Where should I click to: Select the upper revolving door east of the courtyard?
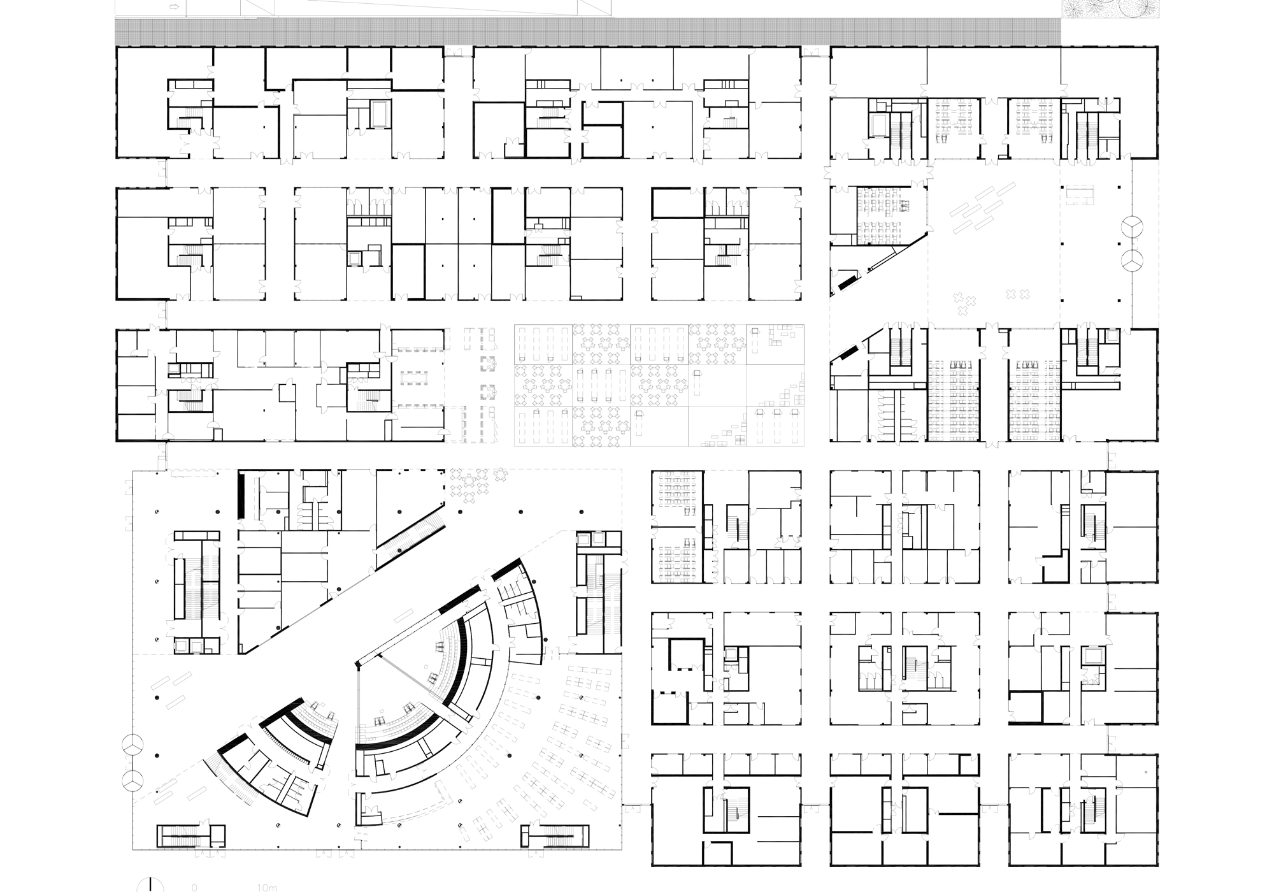point(1132,227)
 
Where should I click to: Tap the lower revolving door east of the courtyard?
point(1132,261)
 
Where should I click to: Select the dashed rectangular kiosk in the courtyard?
point(1079,194)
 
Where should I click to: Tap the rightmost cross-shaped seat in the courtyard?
point(1024,294)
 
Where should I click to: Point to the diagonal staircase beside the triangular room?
point(411,533)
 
